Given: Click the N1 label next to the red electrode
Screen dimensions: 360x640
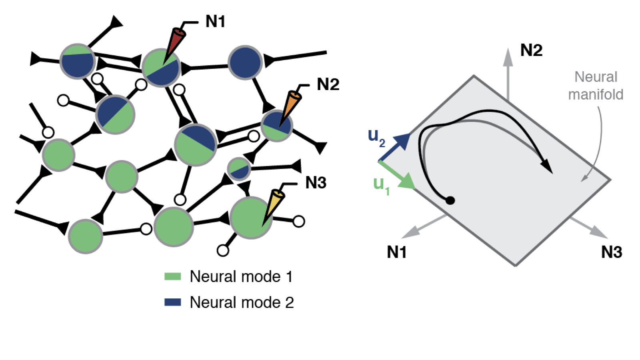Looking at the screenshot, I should (215, 22).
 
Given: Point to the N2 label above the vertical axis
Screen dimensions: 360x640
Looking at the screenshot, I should (531, 50).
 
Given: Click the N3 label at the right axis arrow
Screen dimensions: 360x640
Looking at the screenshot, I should (611, 252).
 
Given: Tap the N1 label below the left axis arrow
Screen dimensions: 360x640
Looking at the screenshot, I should (396, 252).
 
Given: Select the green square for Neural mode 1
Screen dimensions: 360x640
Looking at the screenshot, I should (172, 276).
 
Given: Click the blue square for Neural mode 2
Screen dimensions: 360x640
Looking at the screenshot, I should (172, 302).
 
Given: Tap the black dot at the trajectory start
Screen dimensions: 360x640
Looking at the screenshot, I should (450, 200).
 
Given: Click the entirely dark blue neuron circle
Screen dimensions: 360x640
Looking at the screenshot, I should (245, 62).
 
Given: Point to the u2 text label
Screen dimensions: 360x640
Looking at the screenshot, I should (376, 137).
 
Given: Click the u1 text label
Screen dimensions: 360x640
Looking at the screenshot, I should (381, 185).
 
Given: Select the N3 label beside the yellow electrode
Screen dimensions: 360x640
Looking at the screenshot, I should (316, 183).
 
